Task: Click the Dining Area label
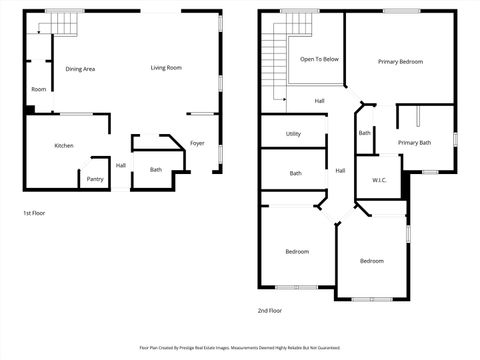click(x=80, y=69)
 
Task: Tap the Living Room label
click(x=166, y=68)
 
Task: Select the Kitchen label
click(x=64, y=146)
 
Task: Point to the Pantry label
click(x=95, y=179)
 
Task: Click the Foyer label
click(x=197, y=143)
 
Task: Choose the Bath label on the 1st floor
click(x=156, y=169)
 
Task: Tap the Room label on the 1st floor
click(x=38, y=89)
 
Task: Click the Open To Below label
click(x=319, y=59)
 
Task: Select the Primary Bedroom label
click(x=400, y=62)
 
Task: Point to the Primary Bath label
click(x=414, y=143)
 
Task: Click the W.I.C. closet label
click(x=379, y=180)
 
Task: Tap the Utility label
click(x=293, y=133)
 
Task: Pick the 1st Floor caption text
click(x=34, y=213)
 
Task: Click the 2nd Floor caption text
click(x=269, y=311)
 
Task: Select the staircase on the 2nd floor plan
click(x=273, y=62)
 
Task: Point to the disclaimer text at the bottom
click(x=240, y=349)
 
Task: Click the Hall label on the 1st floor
click(x=120, y=165)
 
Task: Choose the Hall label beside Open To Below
click(x=319, y=101)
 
